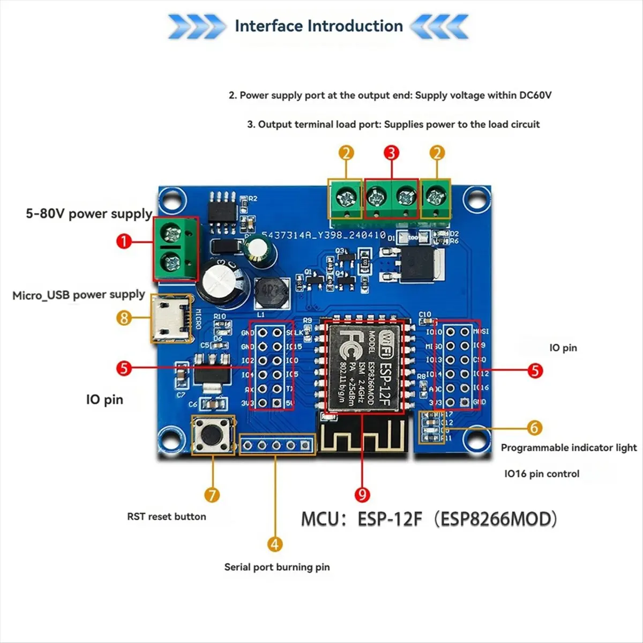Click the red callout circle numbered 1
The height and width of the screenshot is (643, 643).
(x=124, y=241)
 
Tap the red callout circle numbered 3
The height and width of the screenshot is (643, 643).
(x=392, y=153)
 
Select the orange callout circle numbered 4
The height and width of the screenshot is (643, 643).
(x=275, y=544)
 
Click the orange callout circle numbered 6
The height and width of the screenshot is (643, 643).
(x=534, y=428)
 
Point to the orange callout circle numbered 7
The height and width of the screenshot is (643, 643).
(x=212, y=494)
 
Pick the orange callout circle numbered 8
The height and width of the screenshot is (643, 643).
(x=124, y=318)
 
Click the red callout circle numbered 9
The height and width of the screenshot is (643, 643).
(x=363, y=494)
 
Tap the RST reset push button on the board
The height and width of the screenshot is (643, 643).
(x=213, y=434)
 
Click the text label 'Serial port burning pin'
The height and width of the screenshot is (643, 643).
(x=276, y=567)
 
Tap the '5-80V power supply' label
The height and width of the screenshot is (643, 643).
(x=89, y=213)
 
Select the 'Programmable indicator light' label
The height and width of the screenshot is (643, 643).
(x=569, y=447)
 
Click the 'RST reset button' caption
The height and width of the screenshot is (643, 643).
(x=166, y=517)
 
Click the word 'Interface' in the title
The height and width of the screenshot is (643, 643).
(x=269, y=26)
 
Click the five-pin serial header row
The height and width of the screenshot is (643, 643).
(x=276, y=445)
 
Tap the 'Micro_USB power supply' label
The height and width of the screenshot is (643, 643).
(x=79, y=295)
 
